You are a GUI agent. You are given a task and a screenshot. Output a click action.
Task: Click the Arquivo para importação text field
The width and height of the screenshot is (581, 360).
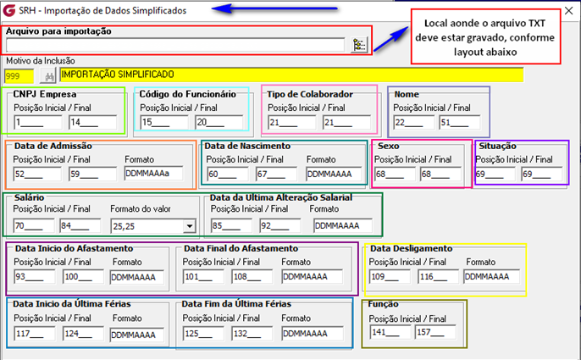pos(174,46)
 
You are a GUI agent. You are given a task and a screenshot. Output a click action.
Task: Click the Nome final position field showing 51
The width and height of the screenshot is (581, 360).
pos(458,123)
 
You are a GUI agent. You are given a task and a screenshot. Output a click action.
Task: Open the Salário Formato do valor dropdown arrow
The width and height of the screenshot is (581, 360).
pos(190,226)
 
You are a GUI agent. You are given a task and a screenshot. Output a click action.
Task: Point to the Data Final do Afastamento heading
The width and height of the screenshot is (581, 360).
pos(241,248)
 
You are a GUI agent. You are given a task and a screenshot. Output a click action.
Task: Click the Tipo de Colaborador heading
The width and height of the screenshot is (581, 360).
pos(318,93)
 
